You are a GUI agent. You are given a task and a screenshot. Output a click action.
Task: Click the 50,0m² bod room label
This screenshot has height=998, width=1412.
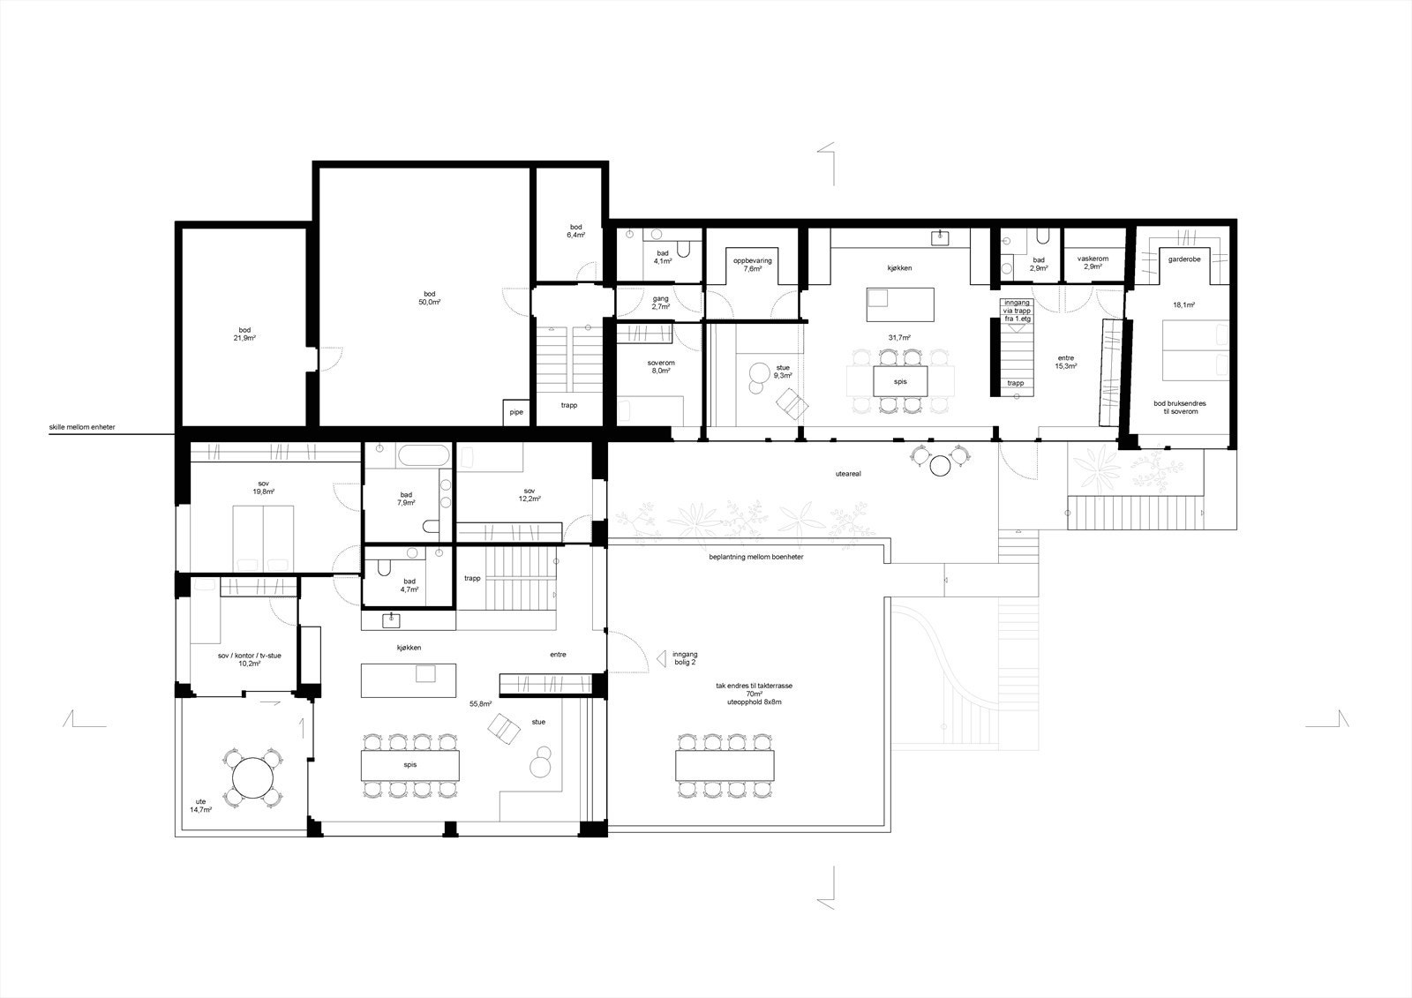coord(430,297)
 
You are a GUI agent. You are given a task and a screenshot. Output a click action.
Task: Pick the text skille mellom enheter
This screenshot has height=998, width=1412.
coord(82,428)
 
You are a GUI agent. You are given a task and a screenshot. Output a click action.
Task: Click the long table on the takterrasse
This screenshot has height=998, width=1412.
coord(724,764)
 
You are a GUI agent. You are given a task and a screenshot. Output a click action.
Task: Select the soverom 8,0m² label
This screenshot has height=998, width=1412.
coord(660,367)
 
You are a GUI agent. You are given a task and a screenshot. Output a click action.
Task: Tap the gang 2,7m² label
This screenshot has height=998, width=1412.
coord(660,303)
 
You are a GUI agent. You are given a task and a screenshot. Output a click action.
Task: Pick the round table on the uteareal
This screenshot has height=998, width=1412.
coord(939,464)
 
